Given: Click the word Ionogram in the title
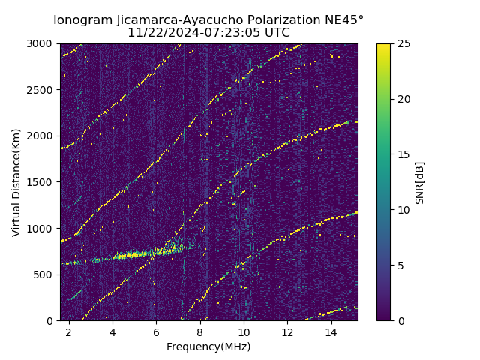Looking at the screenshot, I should pyautogui.click(x=79, y=19).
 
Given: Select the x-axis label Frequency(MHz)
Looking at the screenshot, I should pyautogui.click(x=208, y=346).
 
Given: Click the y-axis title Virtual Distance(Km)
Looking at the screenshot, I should pyautogui.click(x=16, y=182).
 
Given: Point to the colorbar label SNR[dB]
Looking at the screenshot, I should pyautogui.click(x=420, y=182).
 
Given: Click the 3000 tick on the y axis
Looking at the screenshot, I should pyautogui.click(x=43, y=43).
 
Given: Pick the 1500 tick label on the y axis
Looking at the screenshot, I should pyautogui.click(x=43, y=182).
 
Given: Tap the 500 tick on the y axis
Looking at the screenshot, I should pyautogui.click(x=46, y=274).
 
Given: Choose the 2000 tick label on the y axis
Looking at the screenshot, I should pyautogui.click(x=43, y=136).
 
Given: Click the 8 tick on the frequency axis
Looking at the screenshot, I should pyautogui.click(x=200, y=331).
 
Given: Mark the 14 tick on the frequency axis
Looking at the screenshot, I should pyautogui.click(x=331, y=331).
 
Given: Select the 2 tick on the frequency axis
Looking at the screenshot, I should pyautogui.click(x=69, y=331).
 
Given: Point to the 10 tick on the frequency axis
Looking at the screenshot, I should pyautogui.click(x=244, y=331).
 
